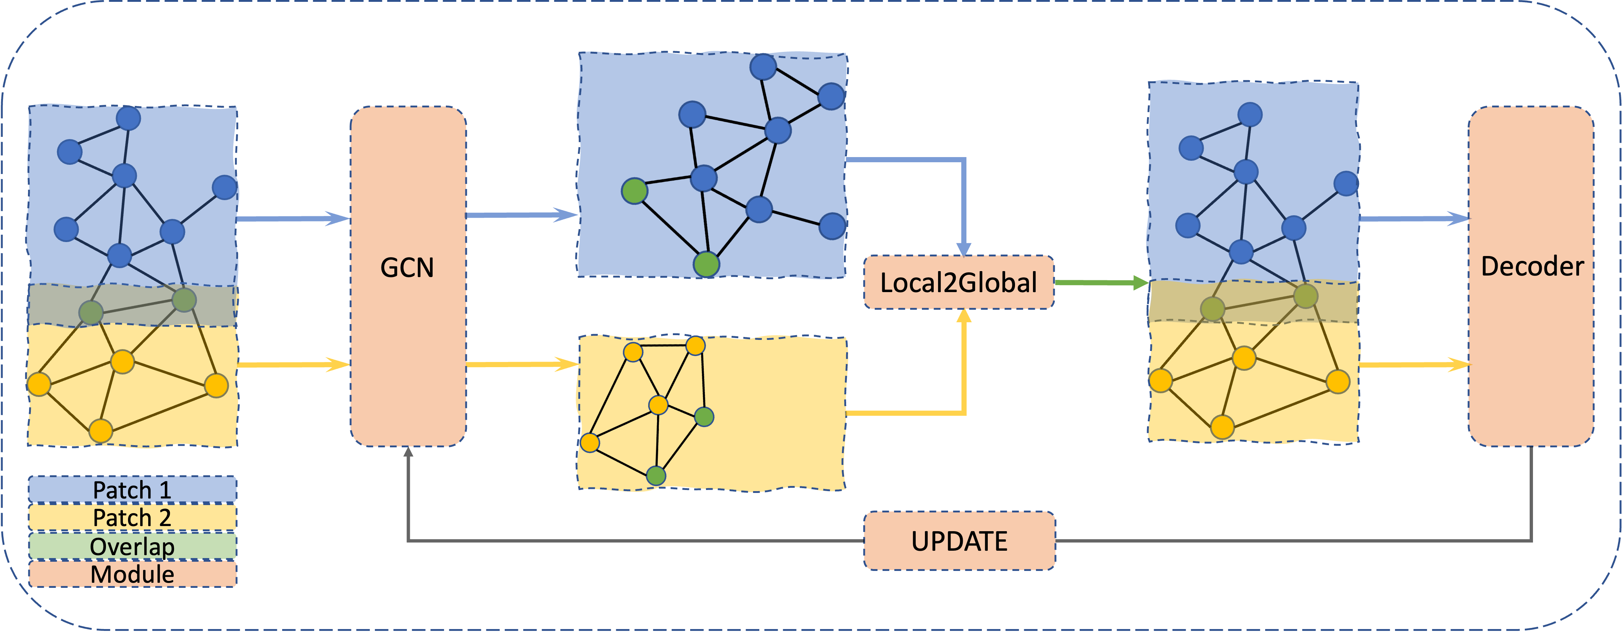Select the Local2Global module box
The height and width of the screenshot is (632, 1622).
958,283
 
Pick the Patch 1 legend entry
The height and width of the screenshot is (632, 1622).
132,490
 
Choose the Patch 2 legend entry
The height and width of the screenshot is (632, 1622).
132,518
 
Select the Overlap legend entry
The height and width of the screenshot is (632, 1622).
132,546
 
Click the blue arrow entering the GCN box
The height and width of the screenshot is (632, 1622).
293,219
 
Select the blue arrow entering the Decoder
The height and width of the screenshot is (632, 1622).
1413,219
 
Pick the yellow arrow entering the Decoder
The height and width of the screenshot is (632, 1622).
1413,365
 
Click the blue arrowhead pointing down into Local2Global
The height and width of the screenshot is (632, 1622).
964,249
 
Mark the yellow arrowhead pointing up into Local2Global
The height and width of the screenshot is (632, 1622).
964,316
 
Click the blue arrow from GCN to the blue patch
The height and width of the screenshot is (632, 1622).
521,215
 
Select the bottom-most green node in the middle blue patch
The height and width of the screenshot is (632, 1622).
706,264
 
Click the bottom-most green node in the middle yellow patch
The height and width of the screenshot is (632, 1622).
656,476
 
